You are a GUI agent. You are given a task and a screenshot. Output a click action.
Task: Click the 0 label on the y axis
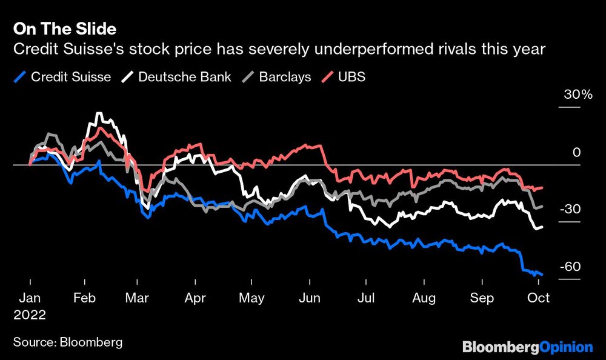(576, 153)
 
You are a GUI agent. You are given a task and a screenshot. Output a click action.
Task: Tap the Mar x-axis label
(138, 298)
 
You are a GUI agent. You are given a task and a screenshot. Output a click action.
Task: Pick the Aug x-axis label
(424, 298)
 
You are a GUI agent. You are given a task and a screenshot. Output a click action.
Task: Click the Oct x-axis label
(538, 298)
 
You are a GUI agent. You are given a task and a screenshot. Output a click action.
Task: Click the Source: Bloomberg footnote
(68, 342)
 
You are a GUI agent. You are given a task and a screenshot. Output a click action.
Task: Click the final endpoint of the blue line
(542, 275)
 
